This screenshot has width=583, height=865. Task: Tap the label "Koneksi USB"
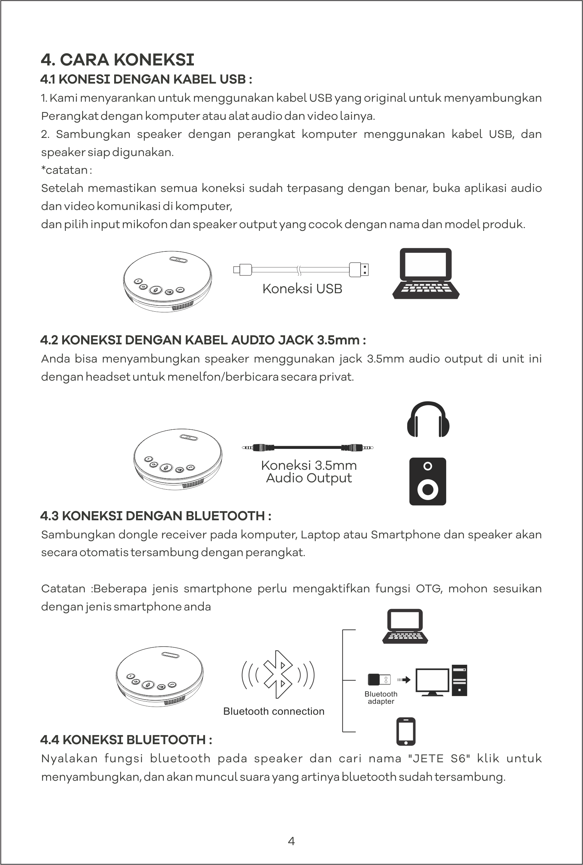pos(302,289)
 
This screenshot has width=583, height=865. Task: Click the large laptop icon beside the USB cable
pos(426,273)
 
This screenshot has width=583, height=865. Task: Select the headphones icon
pos(428,419)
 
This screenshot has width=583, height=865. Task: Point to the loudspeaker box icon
pos(427,481)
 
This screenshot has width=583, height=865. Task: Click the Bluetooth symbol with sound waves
pos(278,674)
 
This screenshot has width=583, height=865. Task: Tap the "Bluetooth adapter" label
pos(381,698)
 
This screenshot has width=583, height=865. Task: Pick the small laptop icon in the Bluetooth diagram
pos(405,626)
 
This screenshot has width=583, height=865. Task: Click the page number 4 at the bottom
pos(292,841)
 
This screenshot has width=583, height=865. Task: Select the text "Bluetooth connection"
pos(274,711)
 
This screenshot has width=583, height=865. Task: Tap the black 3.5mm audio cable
pos(308,447)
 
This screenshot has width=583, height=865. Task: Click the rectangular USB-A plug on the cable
pos(359,270)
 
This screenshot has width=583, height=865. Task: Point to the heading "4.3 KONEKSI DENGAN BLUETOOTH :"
pos(156,516)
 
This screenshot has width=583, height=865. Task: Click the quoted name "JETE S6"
pos(439,758)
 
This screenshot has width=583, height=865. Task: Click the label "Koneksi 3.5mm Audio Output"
pos(309,472)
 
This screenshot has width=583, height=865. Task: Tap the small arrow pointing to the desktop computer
pos(404,680)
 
